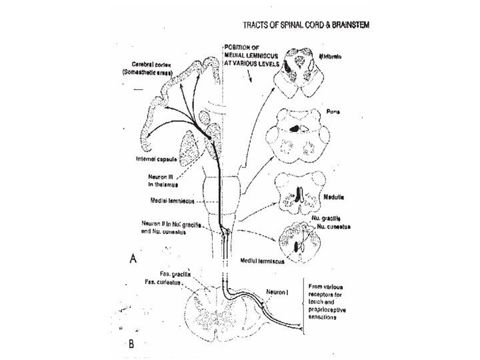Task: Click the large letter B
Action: [x=131, y=344]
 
